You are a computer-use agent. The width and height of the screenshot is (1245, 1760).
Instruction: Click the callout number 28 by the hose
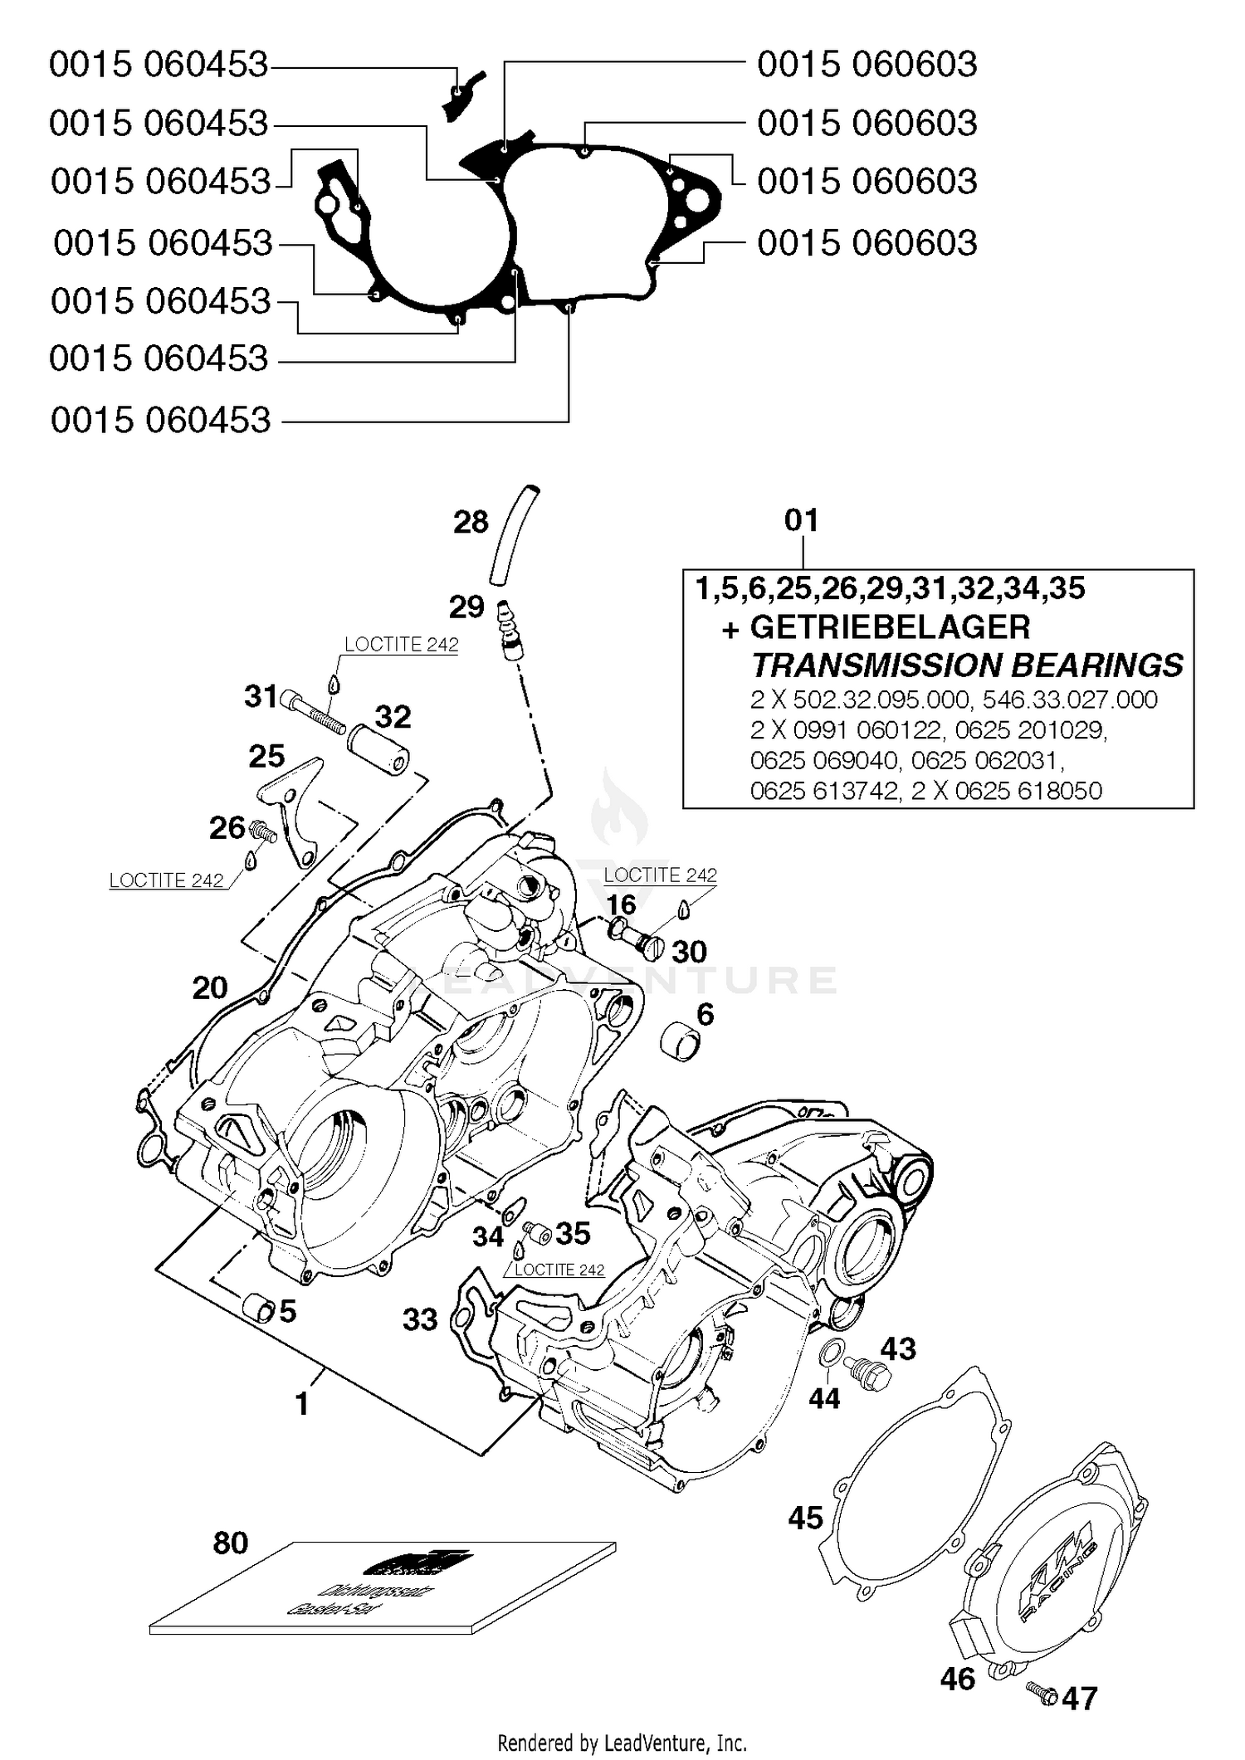click(x=471, y=522)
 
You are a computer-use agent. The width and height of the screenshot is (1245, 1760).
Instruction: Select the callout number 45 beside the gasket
click(x=805, y=1518)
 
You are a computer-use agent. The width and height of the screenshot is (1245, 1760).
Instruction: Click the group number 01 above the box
click(x=801, y=520)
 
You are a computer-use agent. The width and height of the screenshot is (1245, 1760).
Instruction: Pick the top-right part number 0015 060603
click(x=867, y=65)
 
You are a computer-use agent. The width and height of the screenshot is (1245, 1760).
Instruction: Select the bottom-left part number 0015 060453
click(x=160, y=420)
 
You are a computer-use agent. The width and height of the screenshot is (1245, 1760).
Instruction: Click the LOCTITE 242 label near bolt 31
click(x=401, y=645)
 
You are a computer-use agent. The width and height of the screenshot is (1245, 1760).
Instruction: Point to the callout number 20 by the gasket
click(x=210, y=987)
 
